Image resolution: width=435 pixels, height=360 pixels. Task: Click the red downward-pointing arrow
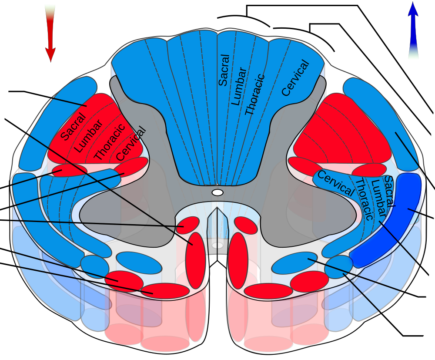point(50,34)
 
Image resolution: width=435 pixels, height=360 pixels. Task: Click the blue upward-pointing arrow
point(413,30)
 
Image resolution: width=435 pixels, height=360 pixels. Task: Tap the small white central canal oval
point(217,192)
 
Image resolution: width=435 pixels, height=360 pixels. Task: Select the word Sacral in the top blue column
point(224,70)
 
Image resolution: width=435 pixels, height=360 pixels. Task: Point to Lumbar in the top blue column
point(239,86)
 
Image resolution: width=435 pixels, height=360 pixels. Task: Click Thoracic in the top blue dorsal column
point(255,94)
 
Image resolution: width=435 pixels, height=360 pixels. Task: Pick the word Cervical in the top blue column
point(295,78)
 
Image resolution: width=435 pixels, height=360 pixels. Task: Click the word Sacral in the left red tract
point(73,127)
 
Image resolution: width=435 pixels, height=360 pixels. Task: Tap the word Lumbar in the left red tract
point(89,136)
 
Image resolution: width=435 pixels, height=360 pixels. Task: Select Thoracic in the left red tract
point(110,142)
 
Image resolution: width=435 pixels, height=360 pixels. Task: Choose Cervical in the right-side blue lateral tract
point(336,183)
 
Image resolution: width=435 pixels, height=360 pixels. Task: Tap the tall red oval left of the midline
point(195,261)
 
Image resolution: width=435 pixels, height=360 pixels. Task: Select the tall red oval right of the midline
point(238,261)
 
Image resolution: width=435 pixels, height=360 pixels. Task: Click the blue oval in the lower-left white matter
point(139,263)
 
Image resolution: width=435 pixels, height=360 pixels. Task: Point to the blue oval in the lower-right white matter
point(294,263)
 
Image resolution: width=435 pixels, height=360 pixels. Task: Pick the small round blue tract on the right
point(339,267)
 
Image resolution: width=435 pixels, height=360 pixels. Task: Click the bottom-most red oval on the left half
point(165,291)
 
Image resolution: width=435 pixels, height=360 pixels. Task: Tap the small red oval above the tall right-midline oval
point(246,225)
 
